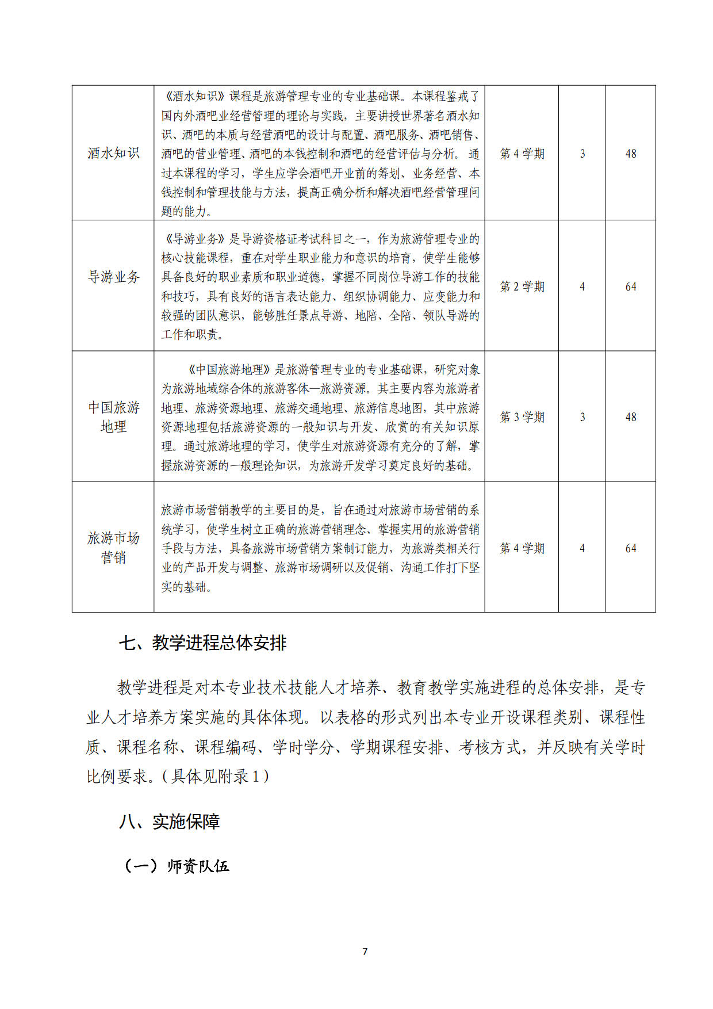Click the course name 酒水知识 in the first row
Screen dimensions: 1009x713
coord(113,153)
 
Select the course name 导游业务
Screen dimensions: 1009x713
coord(113,277)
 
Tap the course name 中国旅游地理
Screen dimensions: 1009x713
coord(113,417)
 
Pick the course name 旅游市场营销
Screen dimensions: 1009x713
coord(113,548)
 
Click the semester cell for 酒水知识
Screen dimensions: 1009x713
coord(522,154)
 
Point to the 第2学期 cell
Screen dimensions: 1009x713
coord(522,286)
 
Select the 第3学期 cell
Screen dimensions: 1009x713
coord(522,417)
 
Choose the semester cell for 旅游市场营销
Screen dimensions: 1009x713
coord(522,548)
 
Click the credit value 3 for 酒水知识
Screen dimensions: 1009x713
coord(582,154)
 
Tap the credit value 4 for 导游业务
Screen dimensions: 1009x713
coord(582,286)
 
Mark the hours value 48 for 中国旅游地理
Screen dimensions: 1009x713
coord(631,417)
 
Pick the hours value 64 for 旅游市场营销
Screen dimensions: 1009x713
coord(631,548)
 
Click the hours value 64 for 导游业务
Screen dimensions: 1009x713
coord(631,286)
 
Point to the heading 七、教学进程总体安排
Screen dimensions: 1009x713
coord(202,643)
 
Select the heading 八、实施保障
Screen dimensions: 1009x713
coord(169,822)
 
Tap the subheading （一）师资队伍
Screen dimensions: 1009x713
coord(176,866)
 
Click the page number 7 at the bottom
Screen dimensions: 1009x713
coord(365,951)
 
